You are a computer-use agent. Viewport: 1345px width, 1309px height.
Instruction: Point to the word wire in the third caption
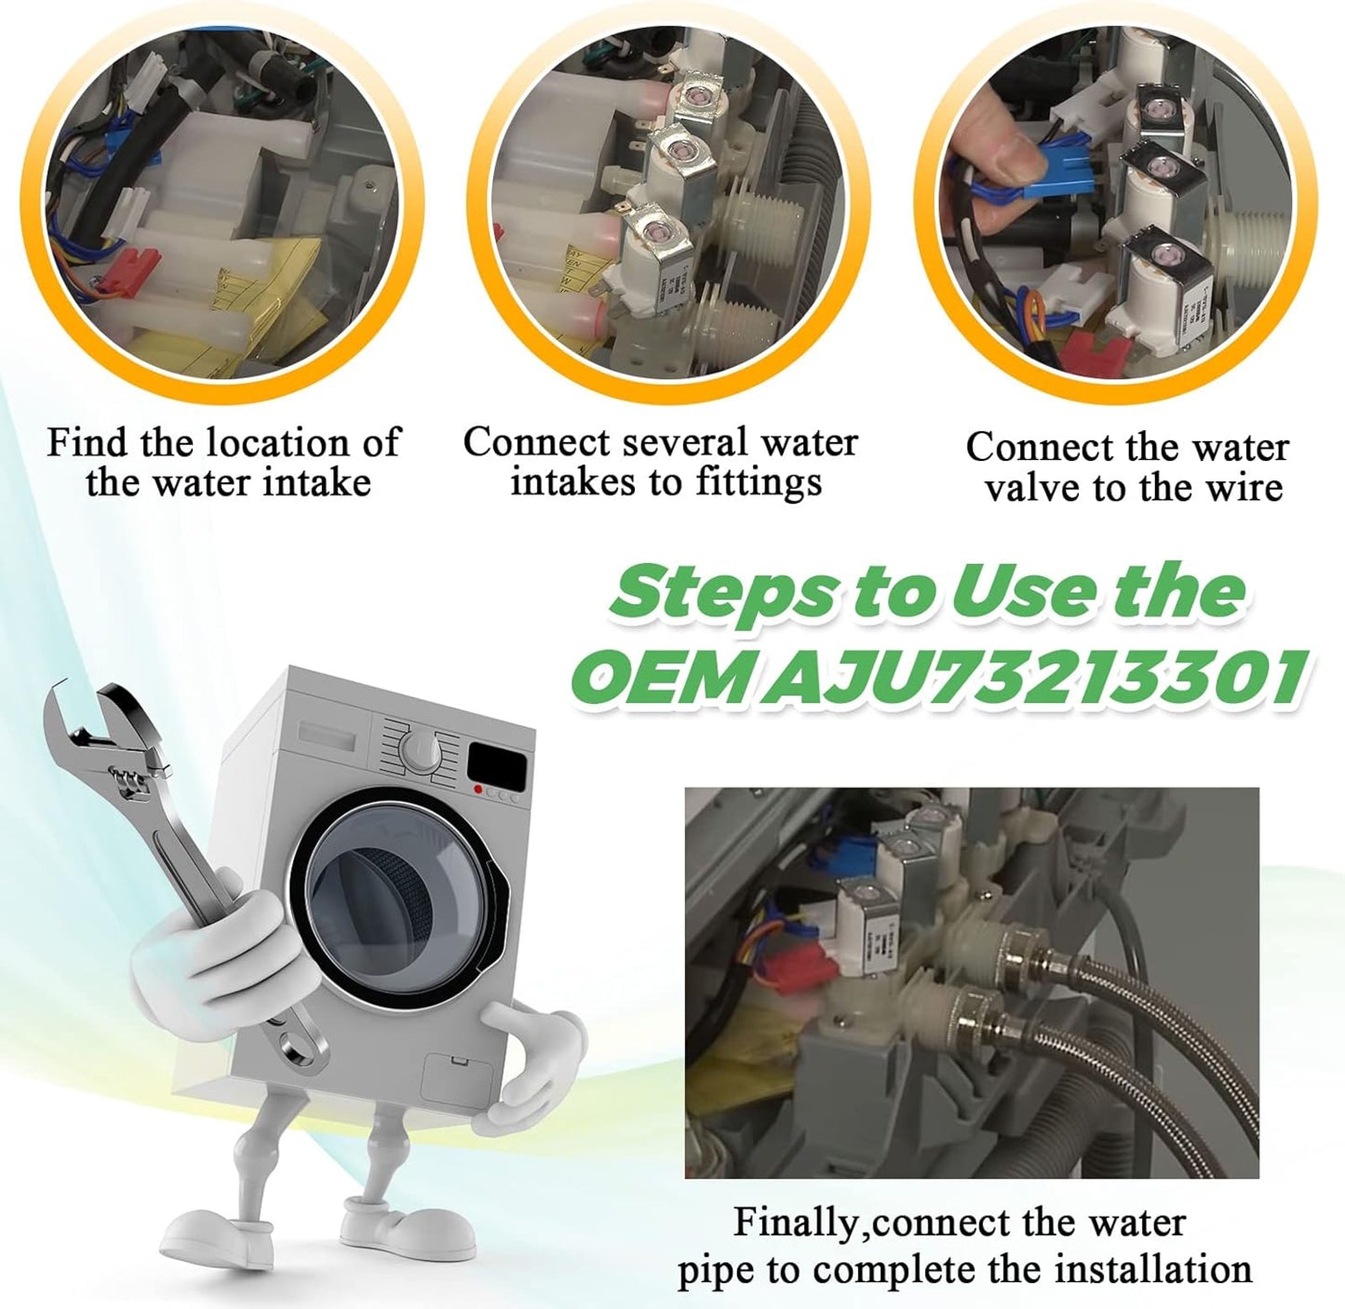1241,487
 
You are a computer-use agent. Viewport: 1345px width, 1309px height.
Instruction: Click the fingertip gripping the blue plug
996,140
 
